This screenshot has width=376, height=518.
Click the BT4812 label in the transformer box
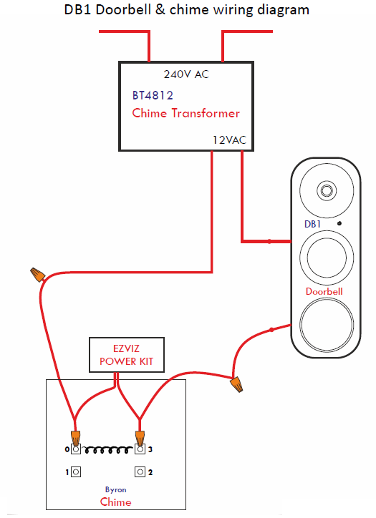coord(153,95)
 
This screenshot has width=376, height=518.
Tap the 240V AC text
coord(186,74)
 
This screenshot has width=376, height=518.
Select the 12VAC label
coord(229,140)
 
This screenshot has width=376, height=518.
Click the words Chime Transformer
coord(185,113)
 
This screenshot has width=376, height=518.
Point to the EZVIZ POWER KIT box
coord(127,355)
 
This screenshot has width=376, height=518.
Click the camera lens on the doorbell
coord(327,190)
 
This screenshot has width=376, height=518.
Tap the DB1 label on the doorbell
coord(312,224)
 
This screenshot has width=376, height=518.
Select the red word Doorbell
coord(324,291)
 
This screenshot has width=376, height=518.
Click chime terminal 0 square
coord(76,449)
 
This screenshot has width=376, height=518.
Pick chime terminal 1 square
coord(76,471)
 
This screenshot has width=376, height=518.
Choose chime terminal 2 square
coord(140,471)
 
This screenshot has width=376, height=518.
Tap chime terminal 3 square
coord(140,449)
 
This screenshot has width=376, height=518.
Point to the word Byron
coord(116,489)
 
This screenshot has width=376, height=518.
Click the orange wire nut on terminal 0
coord(76,438)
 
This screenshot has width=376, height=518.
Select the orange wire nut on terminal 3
coord(140,438)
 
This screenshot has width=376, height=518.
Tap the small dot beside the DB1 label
coord(339,223)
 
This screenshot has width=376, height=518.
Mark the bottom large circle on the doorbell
coord(327,324)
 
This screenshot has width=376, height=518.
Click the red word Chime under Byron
coord(116,502)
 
